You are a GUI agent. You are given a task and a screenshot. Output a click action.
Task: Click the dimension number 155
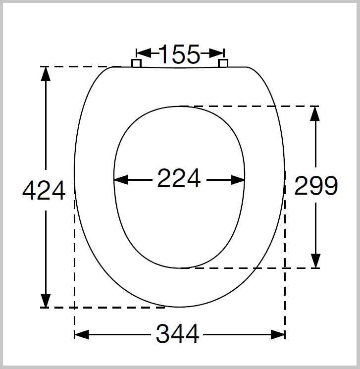tap(179, 54)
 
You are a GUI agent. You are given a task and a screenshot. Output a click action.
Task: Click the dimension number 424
tap(44, 190)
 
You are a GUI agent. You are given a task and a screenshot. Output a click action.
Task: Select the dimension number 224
tap(179, 178)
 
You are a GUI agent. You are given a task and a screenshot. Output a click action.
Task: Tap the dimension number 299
tap(316, 186)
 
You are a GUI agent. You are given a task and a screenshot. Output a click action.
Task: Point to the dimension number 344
tap(177, 334)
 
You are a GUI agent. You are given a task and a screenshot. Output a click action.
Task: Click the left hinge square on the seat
tap(136, 63)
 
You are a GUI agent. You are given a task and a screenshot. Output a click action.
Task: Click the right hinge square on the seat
tap(223, 63)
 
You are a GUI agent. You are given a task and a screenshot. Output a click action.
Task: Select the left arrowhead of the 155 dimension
tap(144, 53)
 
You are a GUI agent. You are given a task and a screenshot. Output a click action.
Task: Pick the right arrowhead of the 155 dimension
tap(216, 53)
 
